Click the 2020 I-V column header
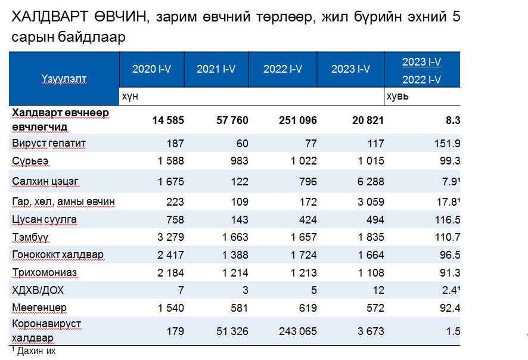click(x=151, y=69)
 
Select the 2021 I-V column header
click(x=216, y=69)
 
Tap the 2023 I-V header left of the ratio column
click(x=351, y=69)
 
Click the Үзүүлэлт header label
click(x=64, y=78)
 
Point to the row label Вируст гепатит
click(x=49, y=143)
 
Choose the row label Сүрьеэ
click(x=30, y=161)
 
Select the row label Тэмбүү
click(x=30, y=237)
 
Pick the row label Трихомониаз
click(x=44, y=272)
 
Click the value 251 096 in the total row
click(x=297, y=120)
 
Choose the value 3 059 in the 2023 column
click(x=369, y=202)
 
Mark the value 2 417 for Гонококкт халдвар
click(x=169, y=255)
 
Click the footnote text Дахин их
click(x=35, y=351)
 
